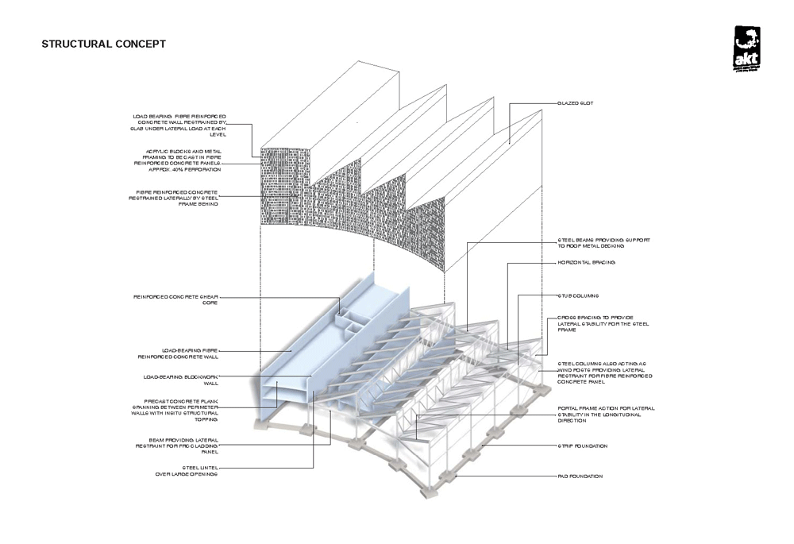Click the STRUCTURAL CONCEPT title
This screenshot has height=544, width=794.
click(103, 44)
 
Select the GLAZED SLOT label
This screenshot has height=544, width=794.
click(576, 104)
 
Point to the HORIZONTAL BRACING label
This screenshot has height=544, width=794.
click(587, 262)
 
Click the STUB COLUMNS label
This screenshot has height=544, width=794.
click(577, 295)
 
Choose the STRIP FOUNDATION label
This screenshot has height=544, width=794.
click(583, 446)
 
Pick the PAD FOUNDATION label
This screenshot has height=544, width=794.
click(580, 476)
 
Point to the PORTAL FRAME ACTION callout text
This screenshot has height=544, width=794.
click(606, 414)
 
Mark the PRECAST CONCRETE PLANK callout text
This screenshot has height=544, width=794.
click(179, 408)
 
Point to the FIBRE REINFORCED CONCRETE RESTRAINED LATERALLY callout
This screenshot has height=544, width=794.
click(179, 198)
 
